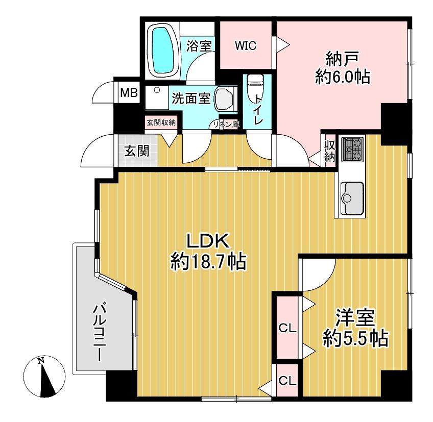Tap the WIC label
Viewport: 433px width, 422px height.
click(x=246, y=46)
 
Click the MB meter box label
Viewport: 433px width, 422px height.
click(x=129, y=93)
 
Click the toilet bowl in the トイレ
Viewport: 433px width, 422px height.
click(x=255, y=89)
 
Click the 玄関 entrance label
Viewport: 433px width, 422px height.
click(x=137, y=151)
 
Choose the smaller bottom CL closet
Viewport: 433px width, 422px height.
click(x=287, y=380)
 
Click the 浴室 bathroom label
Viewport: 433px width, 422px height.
click(x=199, y=46)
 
